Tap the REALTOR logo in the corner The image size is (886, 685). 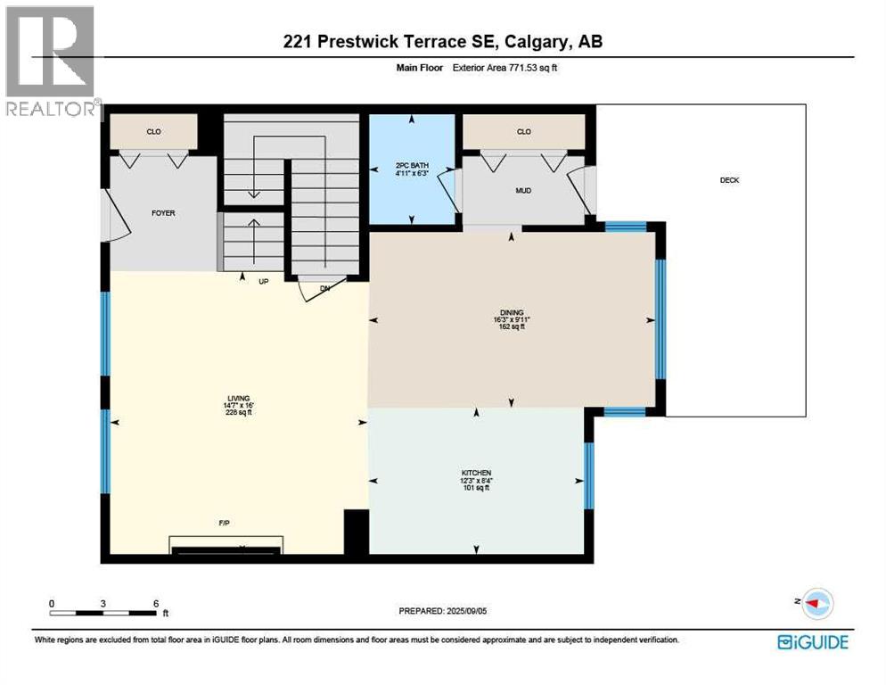point(51,62)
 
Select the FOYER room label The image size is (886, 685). point(162,213)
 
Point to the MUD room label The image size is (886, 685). point(523,190)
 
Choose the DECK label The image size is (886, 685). point(729,180)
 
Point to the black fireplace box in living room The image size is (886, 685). point(226,545)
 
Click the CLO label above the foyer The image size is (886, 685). point(153,132)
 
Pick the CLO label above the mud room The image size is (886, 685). point(523,132)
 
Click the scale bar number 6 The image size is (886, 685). point(156,603)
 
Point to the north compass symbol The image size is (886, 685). point(816,603)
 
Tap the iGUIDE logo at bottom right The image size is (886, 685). point(812,642)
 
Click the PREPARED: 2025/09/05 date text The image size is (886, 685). point(443,611)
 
